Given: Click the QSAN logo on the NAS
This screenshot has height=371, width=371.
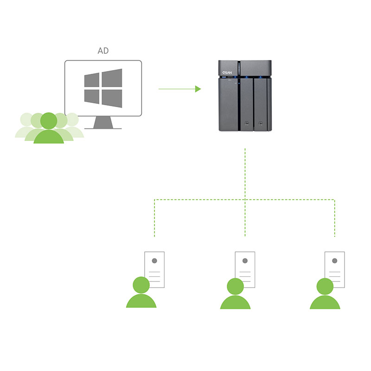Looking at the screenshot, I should pyautogui.click(x=226, y=73).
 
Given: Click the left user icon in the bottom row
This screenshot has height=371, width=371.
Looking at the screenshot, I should pyautogui.click(x=141, y=294).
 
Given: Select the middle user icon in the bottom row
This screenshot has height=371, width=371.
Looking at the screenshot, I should pyautogui.click(x=235, y=295).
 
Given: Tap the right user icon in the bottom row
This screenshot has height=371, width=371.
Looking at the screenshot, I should pyautogui.click(x=325, y=295).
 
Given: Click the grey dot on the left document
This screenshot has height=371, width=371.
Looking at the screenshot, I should pyautogui.click(x=154, y=261).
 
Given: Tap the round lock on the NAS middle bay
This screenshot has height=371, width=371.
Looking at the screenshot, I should pyautogui.click(x=246, y=124).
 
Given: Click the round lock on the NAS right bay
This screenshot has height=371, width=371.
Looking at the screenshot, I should pyautogui.click(x=262, y=124).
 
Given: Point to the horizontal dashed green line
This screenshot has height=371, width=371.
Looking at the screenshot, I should pyautogui.click(x=199, y=200).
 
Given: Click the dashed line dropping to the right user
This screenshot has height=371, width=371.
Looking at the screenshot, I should pyautogui.click(x=334, y=218).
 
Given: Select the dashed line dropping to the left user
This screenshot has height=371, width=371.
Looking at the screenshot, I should pyautogui.click(x=154, y=218).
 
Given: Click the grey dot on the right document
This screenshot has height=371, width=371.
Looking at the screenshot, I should pyautogui.click(x=334, y=261).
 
